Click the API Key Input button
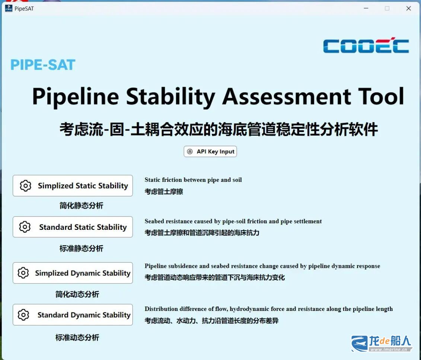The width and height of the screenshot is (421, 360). (210, 152)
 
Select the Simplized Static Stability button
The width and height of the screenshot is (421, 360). (73, 186)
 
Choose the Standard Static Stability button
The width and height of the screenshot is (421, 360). (73, 227)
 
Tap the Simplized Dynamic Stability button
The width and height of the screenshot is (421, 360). (73, 273)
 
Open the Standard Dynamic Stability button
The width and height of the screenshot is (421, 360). (73, 315)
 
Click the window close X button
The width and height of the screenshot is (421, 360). (409, 9)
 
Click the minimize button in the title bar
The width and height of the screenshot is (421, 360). (366, 8)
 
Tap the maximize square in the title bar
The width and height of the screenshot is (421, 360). (387, 9)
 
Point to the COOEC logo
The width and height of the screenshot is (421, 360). (366, 45)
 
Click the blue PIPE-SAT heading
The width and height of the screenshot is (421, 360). (43, 65)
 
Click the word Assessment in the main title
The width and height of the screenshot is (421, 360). (287, 96)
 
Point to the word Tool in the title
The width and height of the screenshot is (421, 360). (381, 96)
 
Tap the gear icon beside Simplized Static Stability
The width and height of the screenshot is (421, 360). (26, 186)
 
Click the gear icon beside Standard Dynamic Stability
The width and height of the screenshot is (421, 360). (23, 315)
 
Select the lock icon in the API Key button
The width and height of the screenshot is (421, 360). (190, 152)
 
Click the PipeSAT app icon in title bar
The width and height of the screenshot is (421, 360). (9, 8)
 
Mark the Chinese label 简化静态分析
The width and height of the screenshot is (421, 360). (82, 206)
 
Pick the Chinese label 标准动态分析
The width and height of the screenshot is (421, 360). (77, 337)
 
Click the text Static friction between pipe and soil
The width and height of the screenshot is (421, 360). (193, 180)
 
